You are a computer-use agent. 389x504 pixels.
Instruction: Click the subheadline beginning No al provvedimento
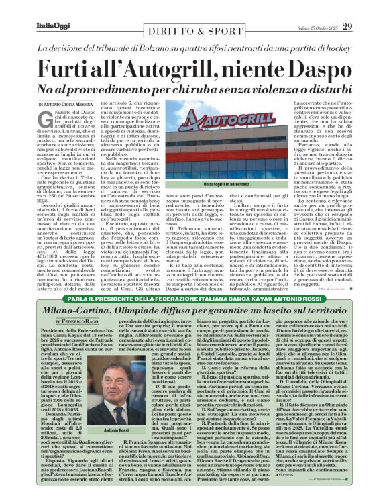point(194,88)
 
